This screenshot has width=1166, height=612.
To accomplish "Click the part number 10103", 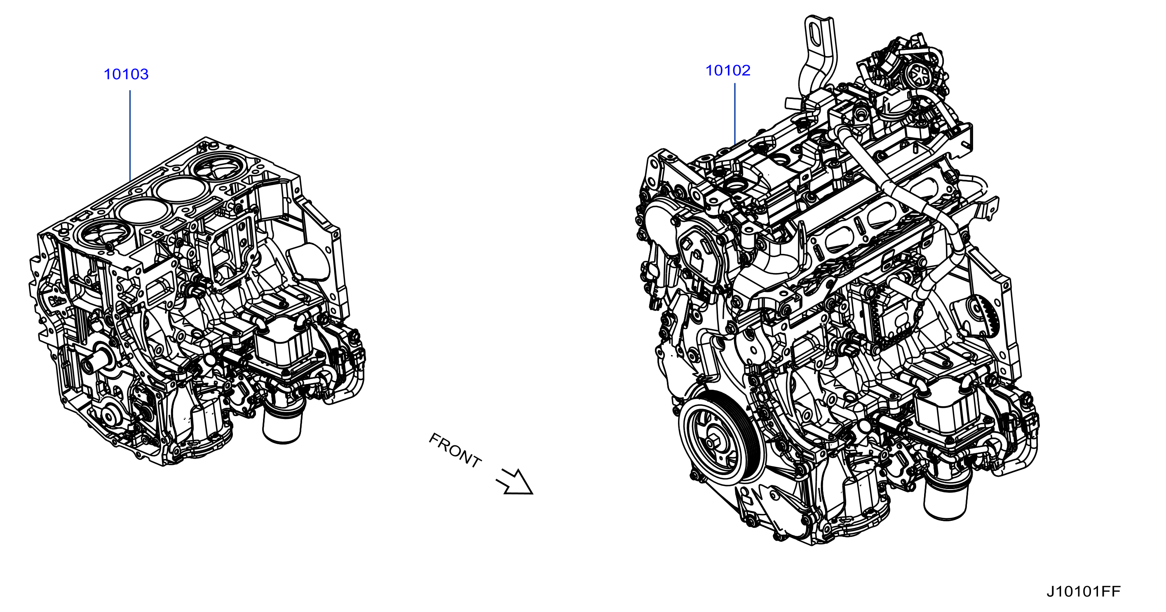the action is point(126,74).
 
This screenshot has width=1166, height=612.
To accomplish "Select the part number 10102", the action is point(728,70).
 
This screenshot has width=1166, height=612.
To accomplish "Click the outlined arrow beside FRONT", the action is point(515,482).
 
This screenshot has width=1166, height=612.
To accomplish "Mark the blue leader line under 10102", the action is point(734,114).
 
